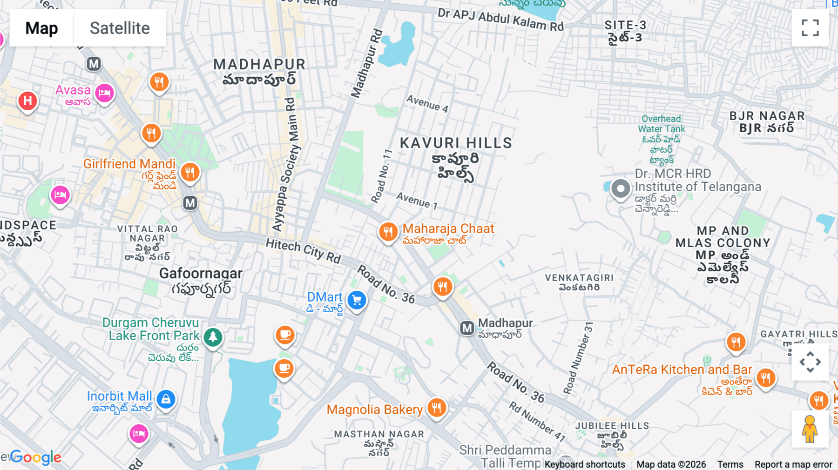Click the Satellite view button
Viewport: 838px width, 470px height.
click(x=120, y=28)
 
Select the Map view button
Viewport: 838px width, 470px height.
click(x=41, y=28)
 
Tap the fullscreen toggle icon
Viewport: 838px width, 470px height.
click(x=810, y=28)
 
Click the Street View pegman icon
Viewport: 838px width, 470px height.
click(x=810, y=429)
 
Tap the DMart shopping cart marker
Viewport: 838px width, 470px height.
click(x=357, y=300)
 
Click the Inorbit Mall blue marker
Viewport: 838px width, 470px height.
click(x=166, y=399)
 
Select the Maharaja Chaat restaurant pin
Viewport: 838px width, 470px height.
click(x=388, y=231)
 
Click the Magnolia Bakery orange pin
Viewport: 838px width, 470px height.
click(x=436, y=408)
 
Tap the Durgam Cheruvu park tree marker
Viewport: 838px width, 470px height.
click(x=213, y=336)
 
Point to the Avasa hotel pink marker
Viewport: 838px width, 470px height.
click(x=104, y=93)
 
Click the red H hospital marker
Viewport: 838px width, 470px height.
click(x=27, y=101)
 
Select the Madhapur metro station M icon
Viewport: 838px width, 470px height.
click(x=467, y=328)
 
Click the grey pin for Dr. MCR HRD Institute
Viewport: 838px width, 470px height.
click(x=620, y=189)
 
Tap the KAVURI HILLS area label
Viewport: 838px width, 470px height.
click(x=456, y=143)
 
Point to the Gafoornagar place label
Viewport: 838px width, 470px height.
click(x=201, y=273)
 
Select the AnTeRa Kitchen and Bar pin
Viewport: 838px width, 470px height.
click(x=765, y=377)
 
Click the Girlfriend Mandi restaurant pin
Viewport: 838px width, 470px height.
click(x=189, y=173)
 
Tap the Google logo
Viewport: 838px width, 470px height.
click(x=36, y=457)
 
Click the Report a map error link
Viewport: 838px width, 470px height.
click(x=793, y=464)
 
